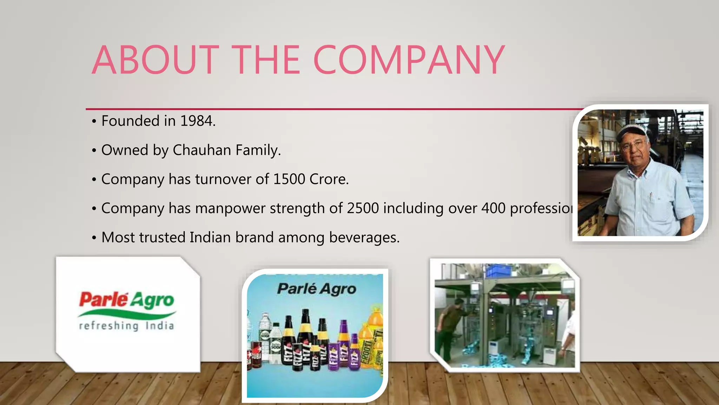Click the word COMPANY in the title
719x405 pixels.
(x=409, y=60)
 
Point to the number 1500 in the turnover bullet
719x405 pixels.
(x=289, y=179)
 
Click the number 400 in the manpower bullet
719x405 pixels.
(x=493, y=208)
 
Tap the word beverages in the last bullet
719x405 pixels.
(x=364, y=238)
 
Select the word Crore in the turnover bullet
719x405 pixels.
(x=329, y=179)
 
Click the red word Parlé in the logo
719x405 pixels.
(x=104, y=299)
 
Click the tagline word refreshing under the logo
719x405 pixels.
(x=109, y=326)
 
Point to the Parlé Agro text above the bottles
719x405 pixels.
(x=317, y=289)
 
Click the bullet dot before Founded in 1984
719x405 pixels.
(x=94, y=122)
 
